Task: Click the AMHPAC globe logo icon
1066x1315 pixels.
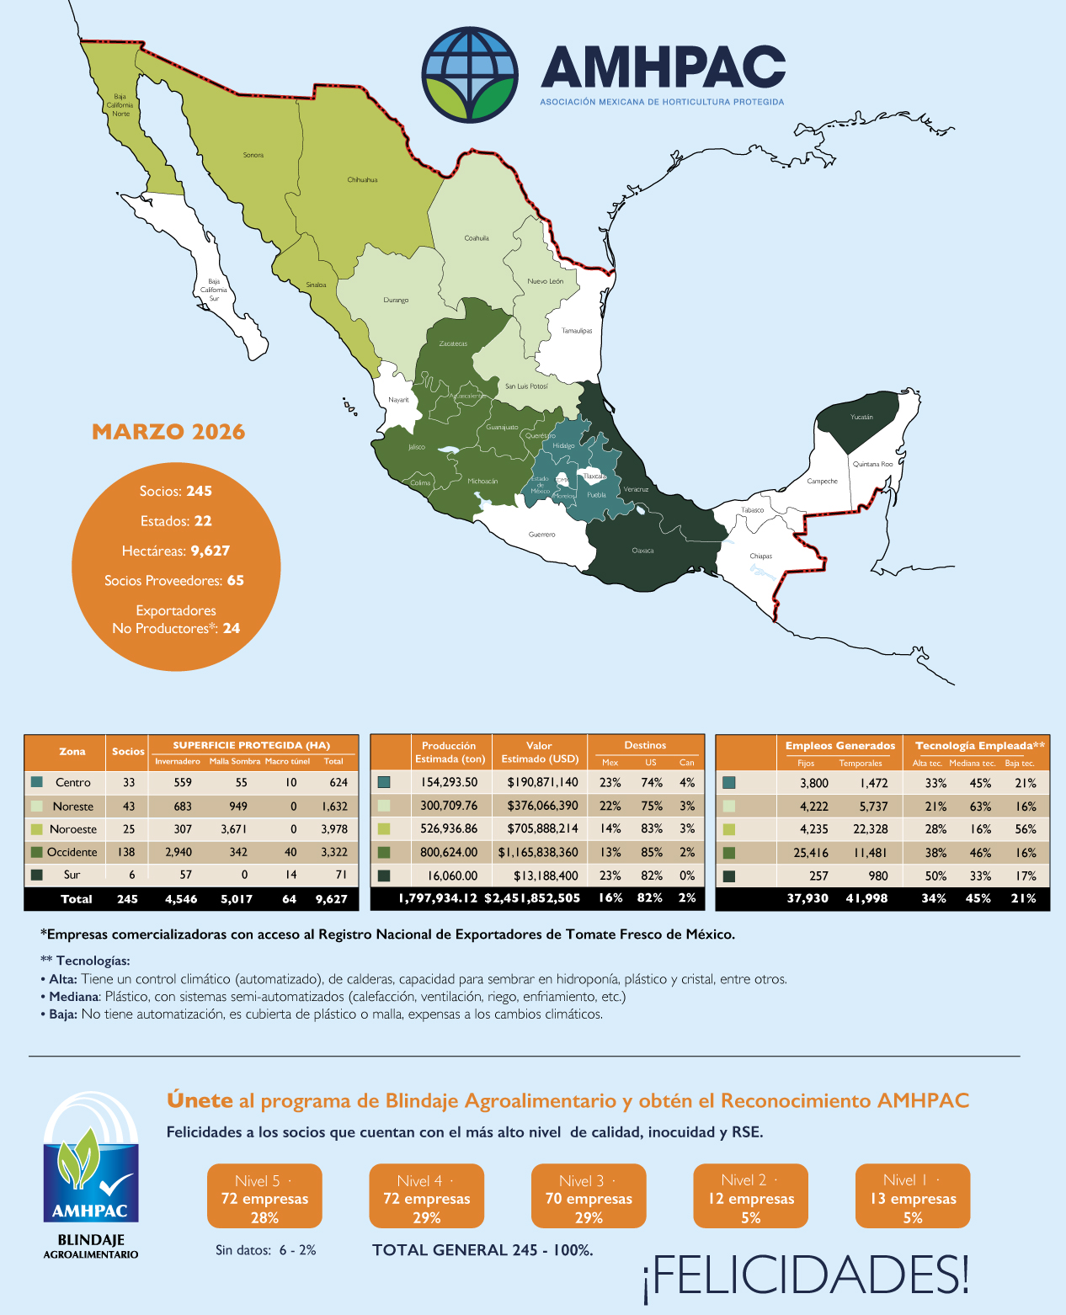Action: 469,74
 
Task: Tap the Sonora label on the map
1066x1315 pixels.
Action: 253,155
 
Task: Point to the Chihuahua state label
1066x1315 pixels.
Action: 362,179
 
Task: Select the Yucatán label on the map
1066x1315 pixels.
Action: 861,417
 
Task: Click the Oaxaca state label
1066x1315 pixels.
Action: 642,551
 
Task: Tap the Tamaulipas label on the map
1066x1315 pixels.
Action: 577,331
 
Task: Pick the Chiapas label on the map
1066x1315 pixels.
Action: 760,556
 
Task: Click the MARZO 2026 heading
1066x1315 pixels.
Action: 168,432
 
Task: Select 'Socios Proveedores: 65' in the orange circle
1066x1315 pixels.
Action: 174,580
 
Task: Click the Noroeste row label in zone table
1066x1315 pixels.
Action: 73,829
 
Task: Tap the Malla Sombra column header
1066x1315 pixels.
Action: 235,761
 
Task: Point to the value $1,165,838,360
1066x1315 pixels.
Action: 539,852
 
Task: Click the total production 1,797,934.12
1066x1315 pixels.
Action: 438,898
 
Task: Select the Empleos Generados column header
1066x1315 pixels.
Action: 839,746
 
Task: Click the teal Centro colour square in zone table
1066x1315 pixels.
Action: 36,782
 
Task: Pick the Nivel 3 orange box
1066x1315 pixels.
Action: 589,1196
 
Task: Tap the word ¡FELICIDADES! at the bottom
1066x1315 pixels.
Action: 806,1275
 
